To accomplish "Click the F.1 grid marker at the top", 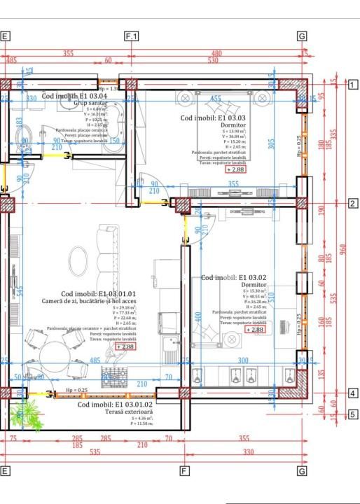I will point(131,36).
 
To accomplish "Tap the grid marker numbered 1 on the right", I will point(353,85).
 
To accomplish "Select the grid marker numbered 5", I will point(353,414).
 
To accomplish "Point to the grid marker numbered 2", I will point(353,204).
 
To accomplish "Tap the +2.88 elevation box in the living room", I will point(126,346).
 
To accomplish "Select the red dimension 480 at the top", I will point(216,53).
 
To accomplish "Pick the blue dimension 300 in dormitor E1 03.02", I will point(243,361).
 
